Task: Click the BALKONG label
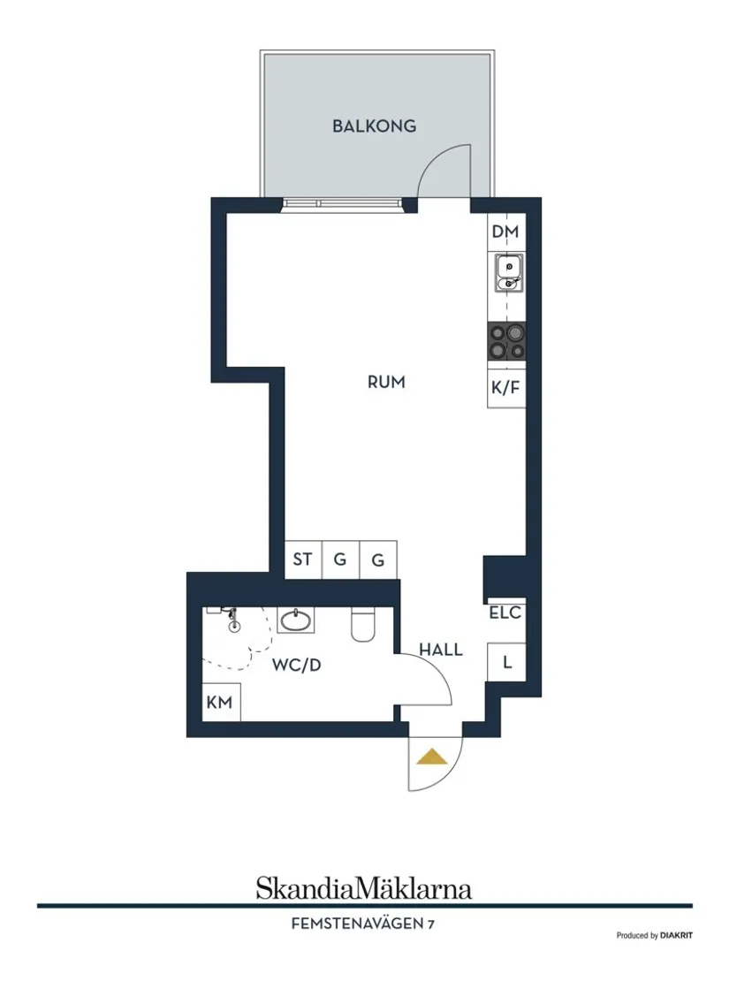374,126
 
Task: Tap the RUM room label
386,382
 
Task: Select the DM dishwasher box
505,232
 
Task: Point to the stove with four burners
506,341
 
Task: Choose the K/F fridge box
506,388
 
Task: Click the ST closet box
303,559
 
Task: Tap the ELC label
505,612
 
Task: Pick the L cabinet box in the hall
506,662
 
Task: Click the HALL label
441,650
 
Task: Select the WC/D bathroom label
296,665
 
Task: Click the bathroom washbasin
295,620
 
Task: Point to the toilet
362,625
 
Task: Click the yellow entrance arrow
432,756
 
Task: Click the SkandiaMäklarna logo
364,888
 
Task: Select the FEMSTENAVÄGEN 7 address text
362,924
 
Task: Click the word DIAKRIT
676,935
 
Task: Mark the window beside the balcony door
342,203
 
